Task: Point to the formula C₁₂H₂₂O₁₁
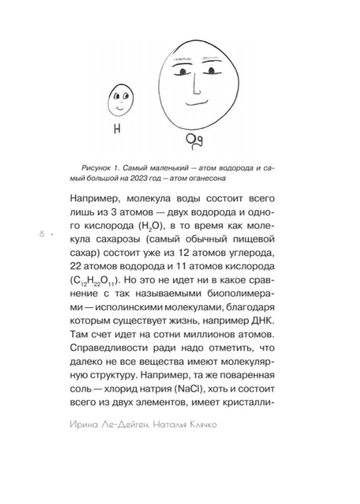(x=95, y=280)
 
